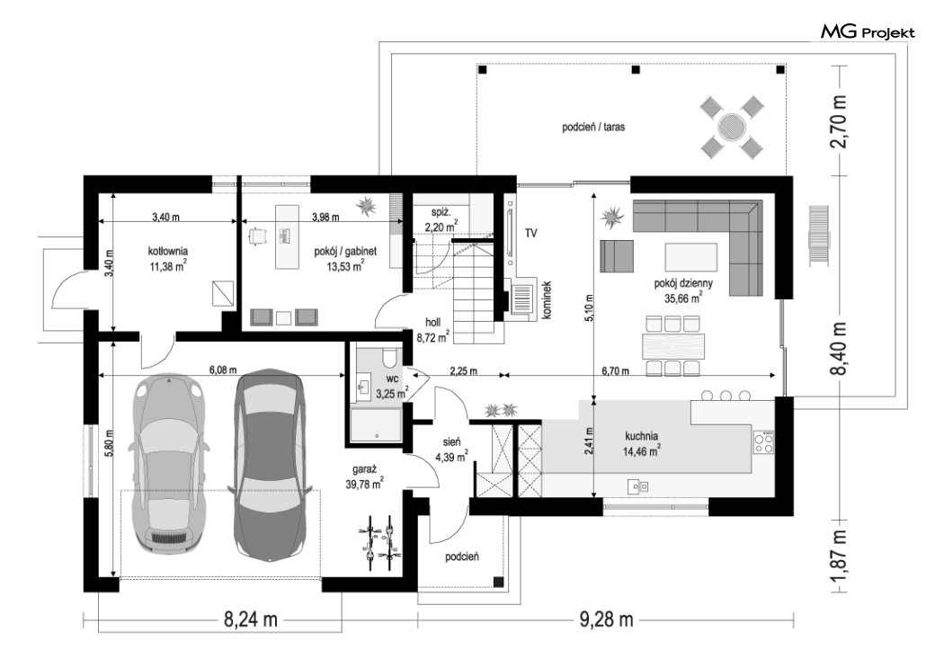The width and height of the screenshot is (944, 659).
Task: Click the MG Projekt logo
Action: pyautogui.click(x=868, y=31)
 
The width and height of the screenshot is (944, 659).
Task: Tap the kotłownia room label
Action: pyautogui.click(x=168, y=251)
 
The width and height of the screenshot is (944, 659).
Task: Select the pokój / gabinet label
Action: pyautogui.click(x=345, y=251)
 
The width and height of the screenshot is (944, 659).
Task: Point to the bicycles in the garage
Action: pyautogui.click(x=379, y=541)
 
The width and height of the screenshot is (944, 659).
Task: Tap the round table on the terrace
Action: pyautogui.click(x=732, y=127)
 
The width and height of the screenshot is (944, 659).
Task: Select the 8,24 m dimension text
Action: pyautogui.click(x=251, y=619)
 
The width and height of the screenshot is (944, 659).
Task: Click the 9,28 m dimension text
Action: pyautogui.click(x=606, y=619)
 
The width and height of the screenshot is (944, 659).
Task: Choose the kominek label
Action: pyautogui.click(x=547, y=299)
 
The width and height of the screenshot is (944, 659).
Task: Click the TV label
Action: pyautogui.click(x=530, y=233)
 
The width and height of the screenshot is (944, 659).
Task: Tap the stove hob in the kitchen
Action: pyautogui.click(x=764, y=442)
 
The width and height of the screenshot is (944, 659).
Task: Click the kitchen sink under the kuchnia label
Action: pyautogui.click(x=637, y=485)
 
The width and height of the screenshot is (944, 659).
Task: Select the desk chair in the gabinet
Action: pyautogui.click(x=258, y=236)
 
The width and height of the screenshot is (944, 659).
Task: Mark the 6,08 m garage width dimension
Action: pyautogui.click(x=223, y=370)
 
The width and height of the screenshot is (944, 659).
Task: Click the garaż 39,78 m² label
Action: pyautogui.click(x=365, y=476)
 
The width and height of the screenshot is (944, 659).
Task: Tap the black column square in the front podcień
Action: pyautogui.click(x=498, y=582)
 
